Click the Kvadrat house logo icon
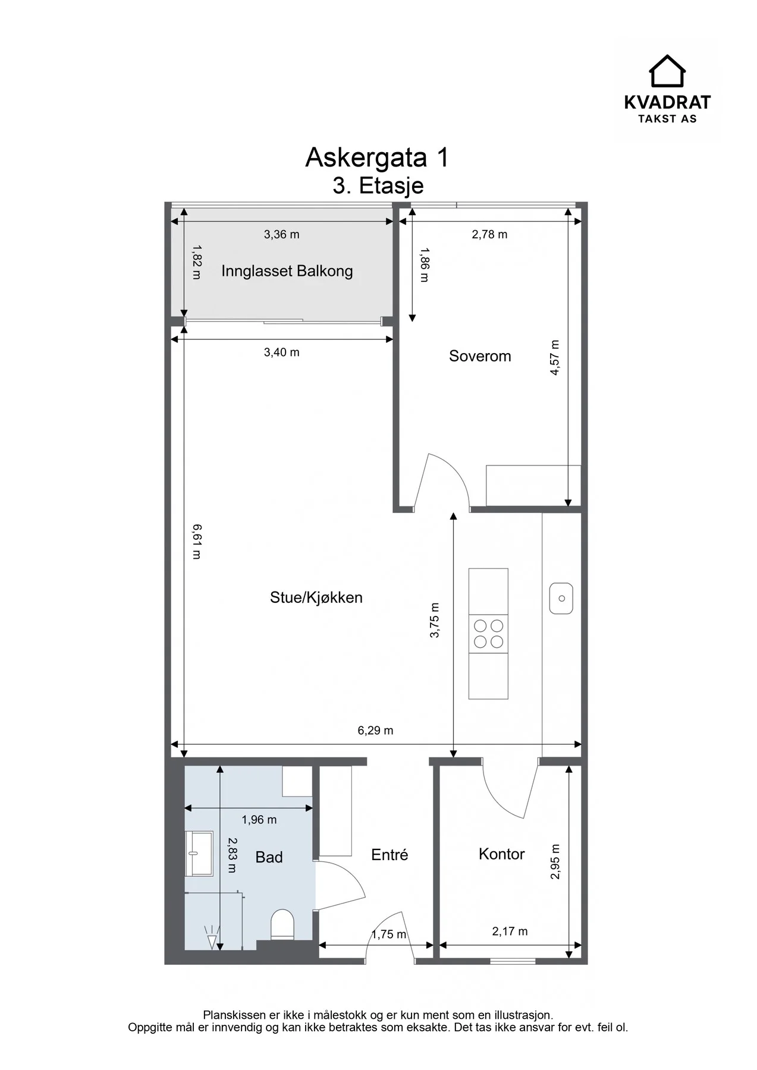[667, 71]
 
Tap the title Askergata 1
[377, 158]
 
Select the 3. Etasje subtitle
[378, 185]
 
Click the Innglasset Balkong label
[287, 271]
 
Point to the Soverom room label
[480, 356]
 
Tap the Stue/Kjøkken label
[316, 597]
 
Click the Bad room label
[269, 857]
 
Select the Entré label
[390, 855]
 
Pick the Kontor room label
[502, 854]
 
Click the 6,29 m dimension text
[375, 731]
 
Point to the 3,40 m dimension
[282, 353]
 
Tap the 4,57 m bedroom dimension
[555, 357]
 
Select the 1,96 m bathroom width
[259, 820]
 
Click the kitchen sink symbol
[561, 598]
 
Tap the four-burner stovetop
[488, 634]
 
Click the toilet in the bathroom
[282, 924]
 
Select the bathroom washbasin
[199, 854]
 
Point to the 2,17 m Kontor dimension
[510, 931]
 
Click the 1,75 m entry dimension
[389, 934]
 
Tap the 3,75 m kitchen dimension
[435, 621]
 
